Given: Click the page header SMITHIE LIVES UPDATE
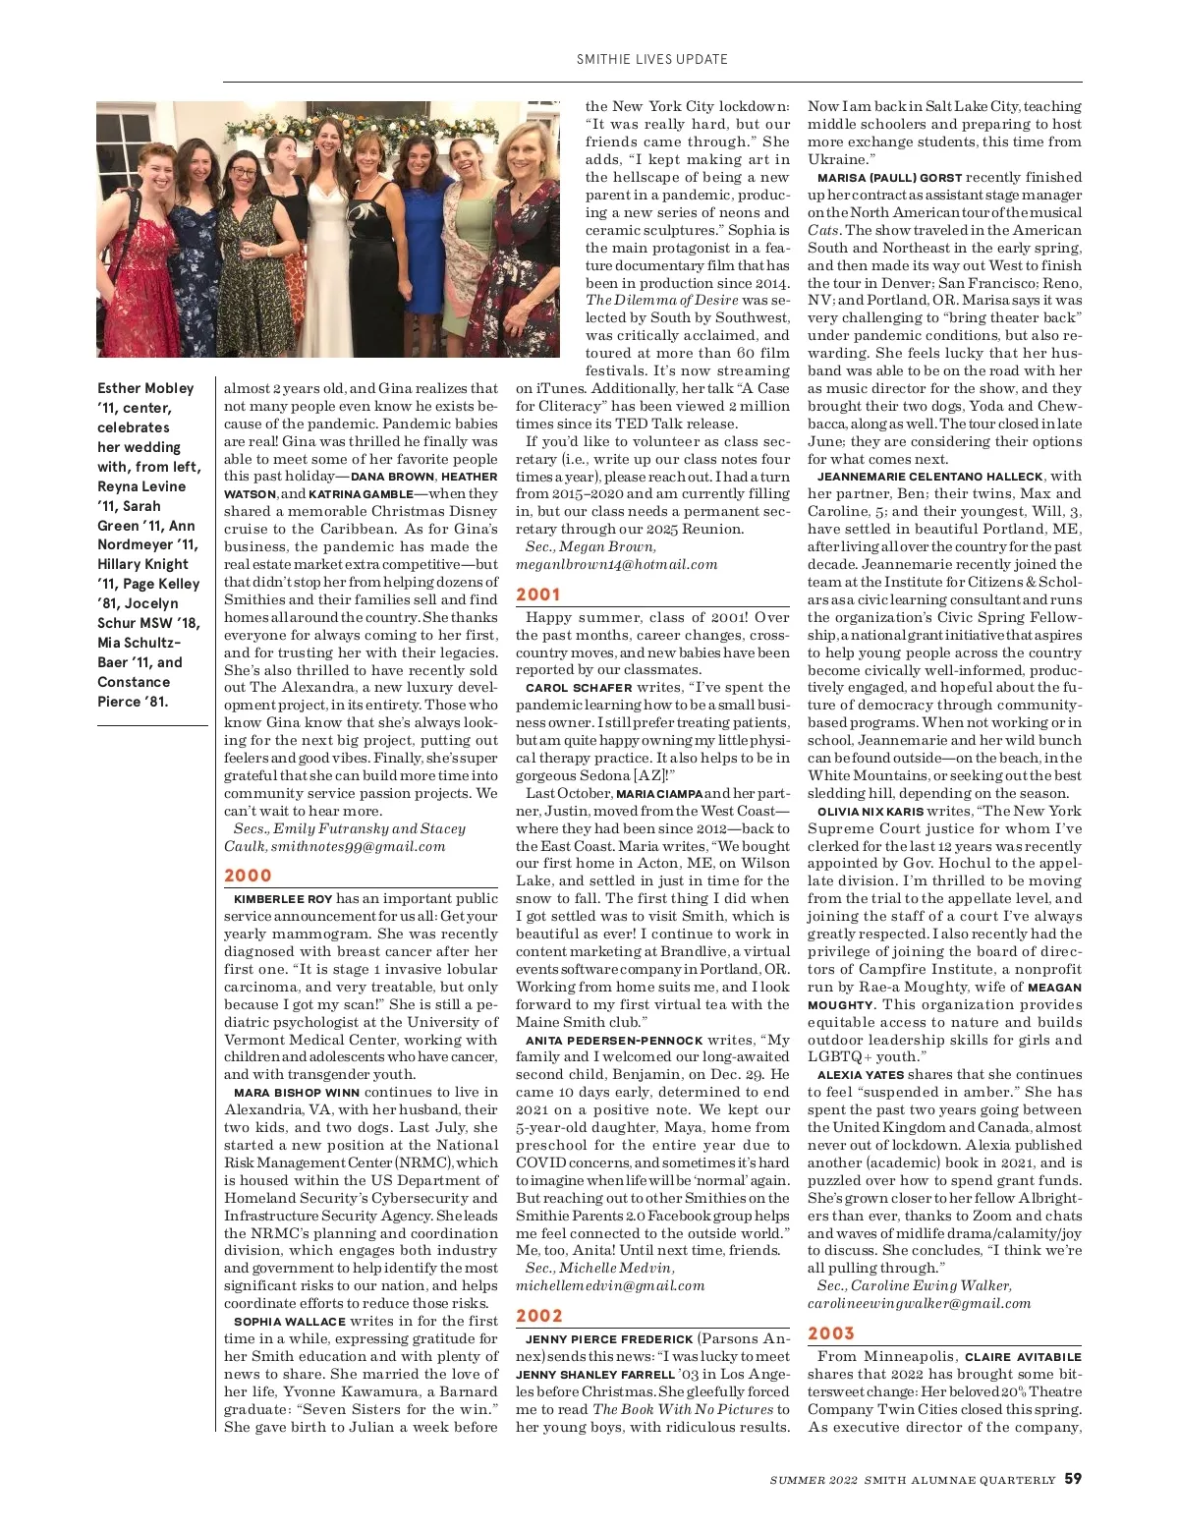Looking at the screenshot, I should pos(651,59).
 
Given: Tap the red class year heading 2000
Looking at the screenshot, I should pos(248,876).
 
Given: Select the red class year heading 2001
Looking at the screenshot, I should pos(538,595).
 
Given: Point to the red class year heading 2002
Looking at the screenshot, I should pos(539,1316).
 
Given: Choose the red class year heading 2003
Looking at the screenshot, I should pos(831,1333).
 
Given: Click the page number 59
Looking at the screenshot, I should pos(1073,1479).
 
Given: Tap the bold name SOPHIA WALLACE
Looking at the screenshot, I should pos(290,1322).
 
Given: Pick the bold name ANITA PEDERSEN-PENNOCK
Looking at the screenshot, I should pos(614,1040).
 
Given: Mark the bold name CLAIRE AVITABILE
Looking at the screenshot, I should pos(1023,1357).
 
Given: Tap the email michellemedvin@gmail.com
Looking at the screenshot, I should pos(610,1285).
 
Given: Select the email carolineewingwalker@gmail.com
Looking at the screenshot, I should pos(919,1303).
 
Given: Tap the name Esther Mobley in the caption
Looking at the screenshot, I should pos(145,388).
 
